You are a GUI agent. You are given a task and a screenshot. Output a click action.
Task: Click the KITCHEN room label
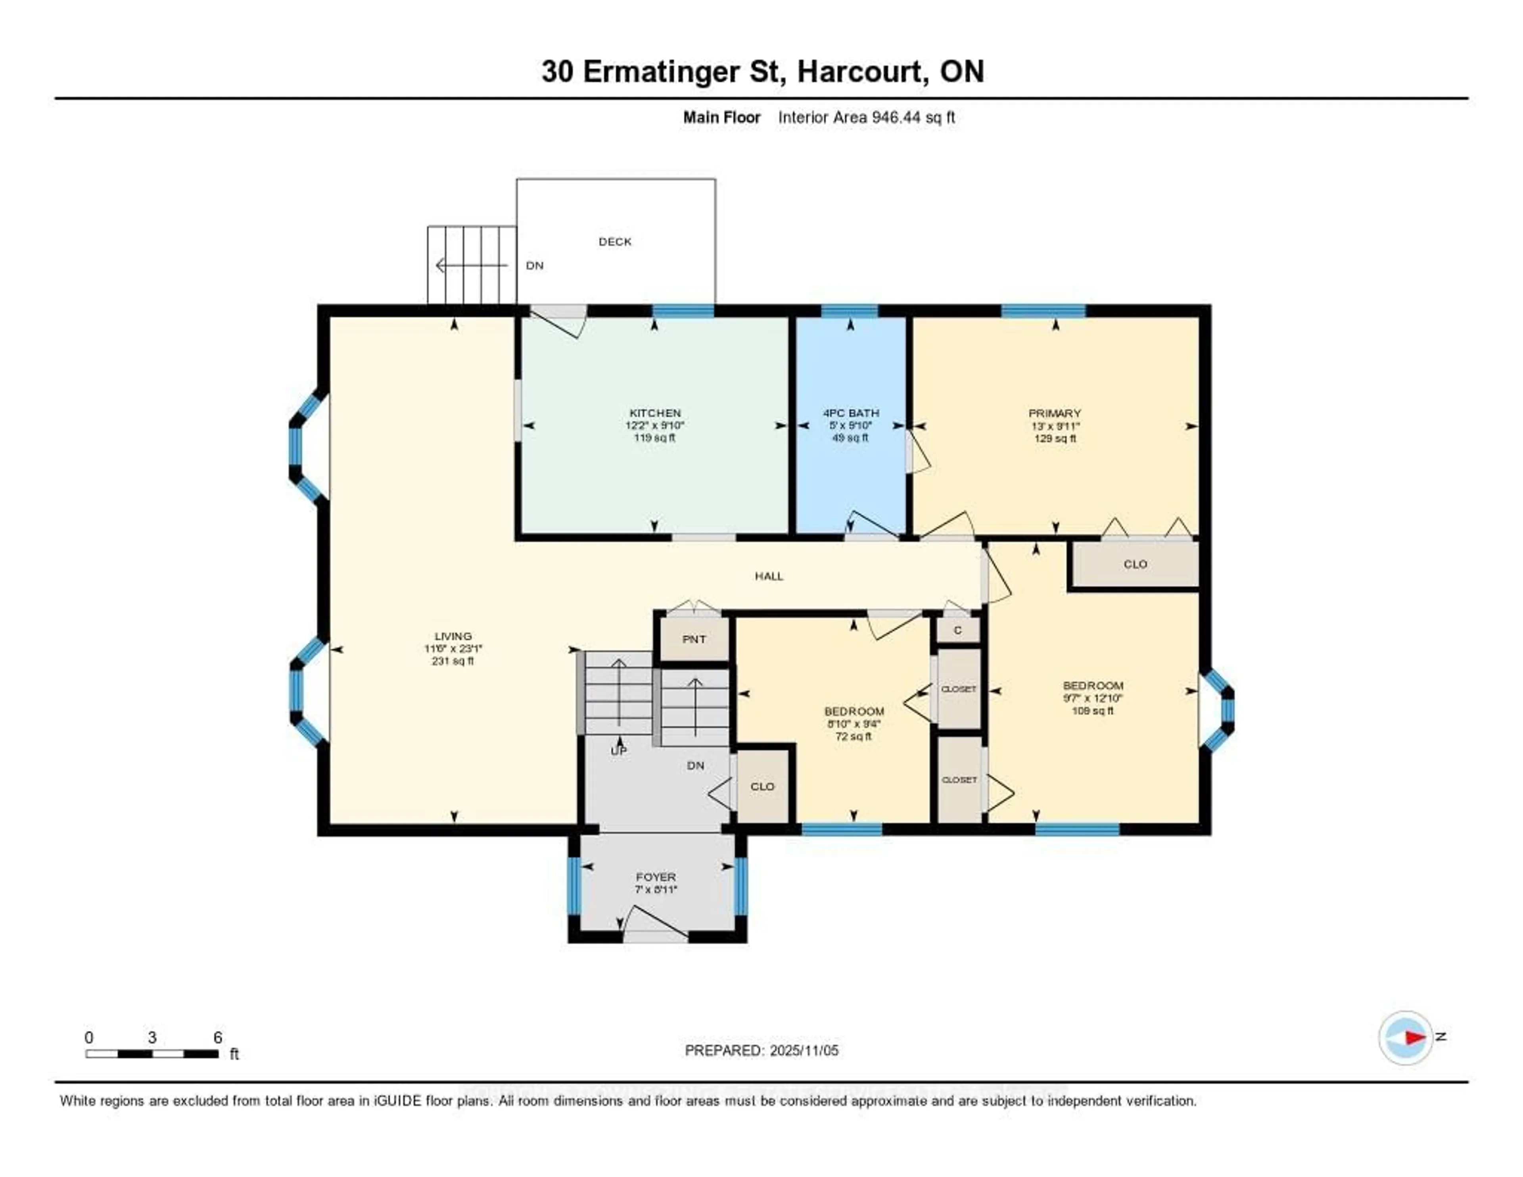pyautogui.click(x=655, y=413)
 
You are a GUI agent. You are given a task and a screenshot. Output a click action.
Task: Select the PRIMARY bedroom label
pyautogui.click(x=1054, y=413)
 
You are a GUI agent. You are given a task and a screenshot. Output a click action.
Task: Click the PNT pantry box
pyautogui.click(x=694, y=639)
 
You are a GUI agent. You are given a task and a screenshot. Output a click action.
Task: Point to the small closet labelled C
pyautogui.click(x=957, y=630)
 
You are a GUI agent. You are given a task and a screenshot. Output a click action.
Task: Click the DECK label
pyautogui.click(x=614, y=241)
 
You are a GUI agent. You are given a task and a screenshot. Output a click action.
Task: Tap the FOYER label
pyautogui.click(x=656, y=877)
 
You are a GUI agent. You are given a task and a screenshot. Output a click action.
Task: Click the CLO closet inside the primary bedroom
pyautogui.click(x=1135, y=564)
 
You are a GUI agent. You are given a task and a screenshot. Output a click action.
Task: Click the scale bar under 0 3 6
pyautogui.click(x=152, y=1054)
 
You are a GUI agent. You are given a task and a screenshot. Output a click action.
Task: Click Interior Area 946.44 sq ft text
pyautogui.click(x=866, y=117)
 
